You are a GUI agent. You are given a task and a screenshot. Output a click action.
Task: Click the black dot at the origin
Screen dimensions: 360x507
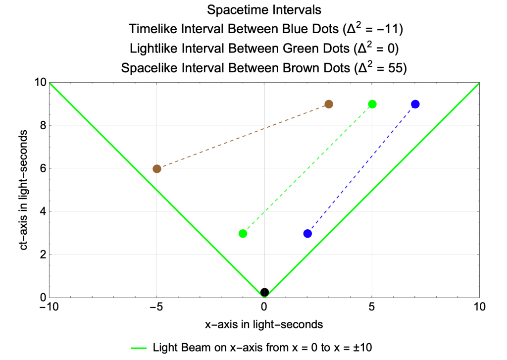click(x=264, y=292)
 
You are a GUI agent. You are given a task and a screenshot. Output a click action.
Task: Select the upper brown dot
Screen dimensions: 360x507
click(x=328, y=104)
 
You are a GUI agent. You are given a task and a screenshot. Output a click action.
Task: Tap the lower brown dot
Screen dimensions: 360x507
click(x=157, y=169)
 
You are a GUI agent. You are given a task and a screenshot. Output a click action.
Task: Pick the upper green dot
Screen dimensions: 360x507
click(x=372, y=104)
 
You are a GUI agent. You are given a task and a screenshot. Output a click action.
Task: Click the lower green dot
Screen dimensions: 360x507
click(x=243, y=233)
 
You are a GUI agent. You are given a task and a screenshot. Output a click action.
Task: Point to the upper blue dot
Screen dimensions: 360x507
click(x=415, y=104)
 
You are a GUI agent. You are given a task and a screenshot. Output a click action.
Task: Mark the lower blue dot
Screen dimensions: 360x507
click(x=307, y=233)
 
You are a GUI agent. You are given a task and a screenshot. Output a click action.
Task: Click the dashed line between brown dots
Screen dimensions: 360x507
click(x=243, y=137)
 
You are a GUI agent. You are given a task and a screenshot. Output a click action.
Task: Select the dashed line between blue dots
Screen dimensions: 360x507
click(x=361, y=168)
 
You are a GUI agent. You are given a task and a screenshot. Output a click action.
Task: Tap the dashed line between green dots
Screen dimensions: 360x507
click(x=307, y=168)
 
